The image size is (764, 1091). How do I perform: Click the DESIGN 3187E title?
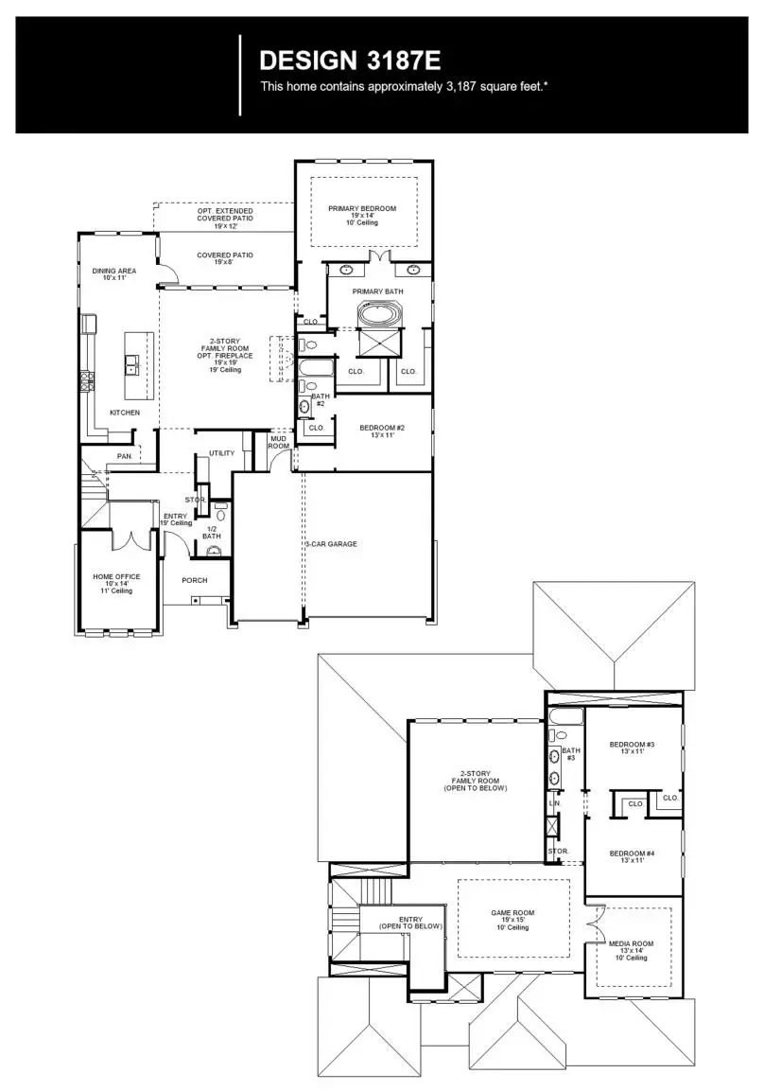coord(350,62)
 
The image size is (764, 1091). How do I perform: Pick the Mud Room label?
coord(279,442)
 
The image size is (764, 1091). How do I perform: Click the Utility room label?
coord(221,454)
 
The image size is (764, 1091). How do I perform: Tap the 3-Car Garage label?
coord(331,544)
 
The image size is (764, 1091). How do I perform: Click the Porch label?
coord(195,580)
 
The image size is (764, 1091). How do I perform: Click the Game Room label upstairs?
coord(513,916)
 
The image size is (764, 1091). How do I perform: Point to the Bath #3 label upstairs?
coord(570,754)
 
